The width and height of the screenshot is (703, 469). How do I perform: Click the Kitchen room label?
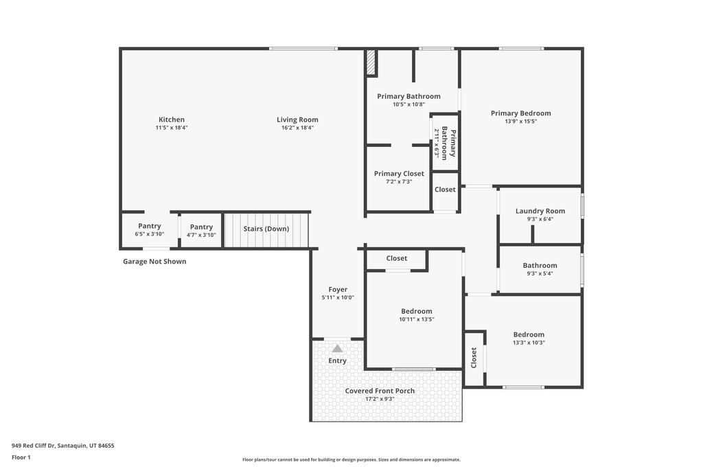[x=171, y=119]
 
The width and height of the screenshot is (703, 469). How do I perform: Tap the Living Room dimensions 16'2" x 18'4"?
[x=297, y=128]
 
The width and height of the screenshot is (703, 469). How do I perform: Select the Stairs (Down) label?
[x=266, y=229]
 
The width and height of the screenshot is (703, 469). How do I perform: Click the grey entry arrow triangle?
[x=337, y=349]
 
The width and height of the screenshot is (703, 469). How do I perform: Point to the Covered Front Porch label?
[x=380, y=391]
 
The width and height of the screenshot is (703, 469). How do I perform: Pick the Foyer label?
[x=337, y=290]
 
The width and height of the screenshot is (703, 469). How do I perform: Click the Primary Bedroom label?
[x=520, y=113]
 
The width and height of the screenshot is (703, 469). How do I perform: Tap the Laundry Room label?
[x=540, y=211]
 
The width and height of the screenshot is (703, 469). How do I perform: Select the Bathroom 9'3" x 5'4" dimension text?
[x=540, y=273]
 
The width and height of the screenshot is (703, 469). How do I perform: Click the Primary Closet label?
[x=399, y=174]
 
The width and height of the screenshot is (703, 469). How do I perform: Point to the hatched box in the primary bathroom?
[x=371, y=62]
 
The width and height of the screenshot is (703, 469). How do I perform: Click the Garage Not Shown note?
[x=154, y=262]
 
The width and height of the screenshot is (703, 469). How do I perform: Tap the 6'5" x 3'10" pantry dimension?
[x=150, y=235]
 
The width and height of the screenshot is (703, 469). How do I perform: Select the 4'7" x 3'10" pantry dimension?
[x=201, y=235]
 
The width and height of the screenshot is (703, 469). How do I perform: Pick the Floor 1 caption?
[x=21, y=457]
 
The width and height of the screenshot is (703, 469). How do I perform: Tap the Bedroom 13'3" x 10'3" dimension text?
[x=529, y=343]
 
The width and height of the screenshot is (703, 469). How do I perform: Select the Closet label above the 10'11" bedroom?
[x=396, y=258]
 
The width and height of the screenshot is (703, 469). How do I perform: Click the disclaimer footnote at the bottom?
[x=351, y=460]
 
